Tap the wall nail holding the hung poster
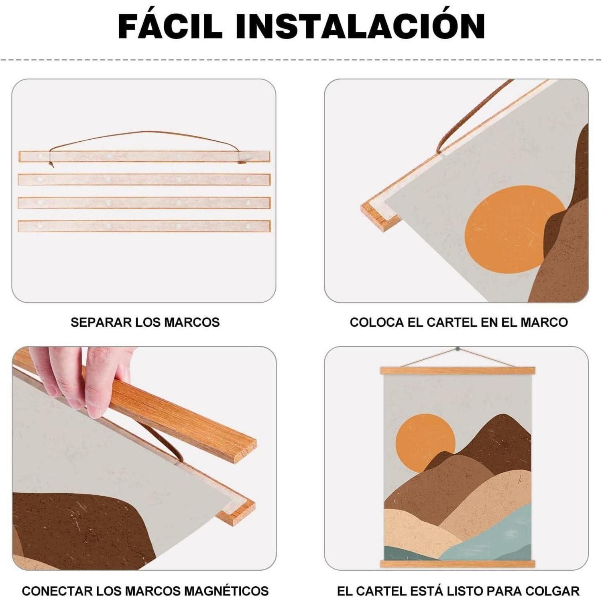tap(458, 349)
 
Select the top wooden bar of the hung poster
tap(458, 371)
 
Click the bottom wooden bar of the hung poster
tap(458, 564)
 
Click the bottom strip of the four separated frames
tap(144, 226)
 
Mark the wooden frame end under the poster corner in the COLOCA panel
tap(379, 217)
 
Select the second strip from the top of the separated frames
tap(144, 179)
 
